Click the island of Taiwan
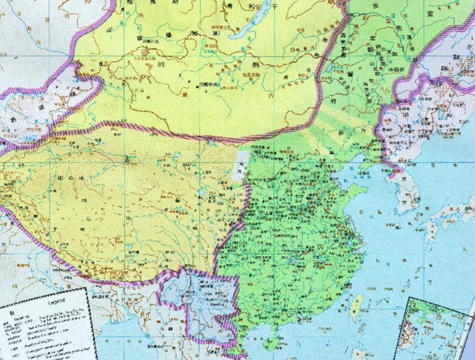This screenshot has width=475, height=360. (357, 304)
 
